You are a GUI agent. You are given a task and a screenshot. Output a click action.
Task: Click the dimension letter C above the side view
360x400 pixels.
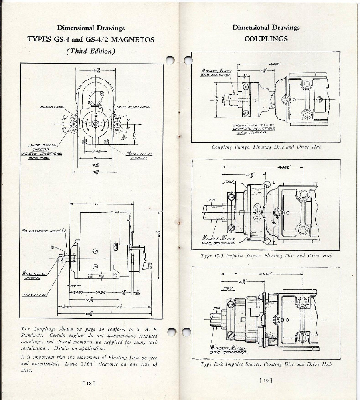97,204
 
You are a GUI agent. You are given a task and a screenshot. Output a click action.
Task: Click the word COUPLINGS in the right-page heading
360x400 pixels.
266,39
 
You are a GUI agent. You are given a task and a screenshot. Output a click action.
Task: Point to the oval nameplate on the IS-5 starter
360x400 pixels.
257,208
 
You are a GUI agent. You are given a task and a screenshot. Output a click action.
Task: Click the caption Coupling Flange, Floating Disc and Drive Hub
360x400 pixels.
266,147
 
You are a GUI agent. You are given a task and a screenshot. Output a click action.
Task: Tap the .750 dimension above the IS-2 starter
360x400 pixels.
228,288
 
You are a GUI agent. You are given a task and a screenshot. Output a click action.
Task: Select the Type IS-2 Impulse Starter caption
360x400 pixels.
266,364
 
